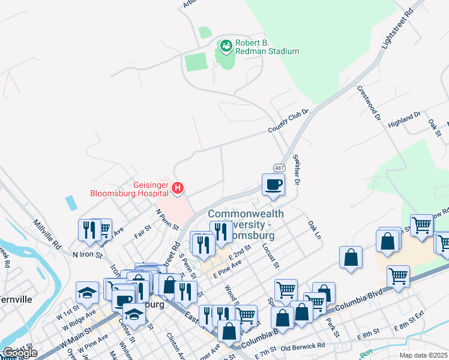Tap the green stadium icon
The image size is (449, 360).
coord(226,45)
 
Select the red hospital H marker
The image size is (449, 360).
coord(178,188)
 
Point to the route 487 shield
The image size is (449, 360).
coord(279,168)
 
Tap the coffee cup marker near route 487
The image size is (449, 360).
coord(273,184)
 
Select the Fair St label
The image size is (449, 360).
coord(143,230)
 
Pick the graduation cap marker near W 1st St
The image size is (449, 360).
coord(87,292)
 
